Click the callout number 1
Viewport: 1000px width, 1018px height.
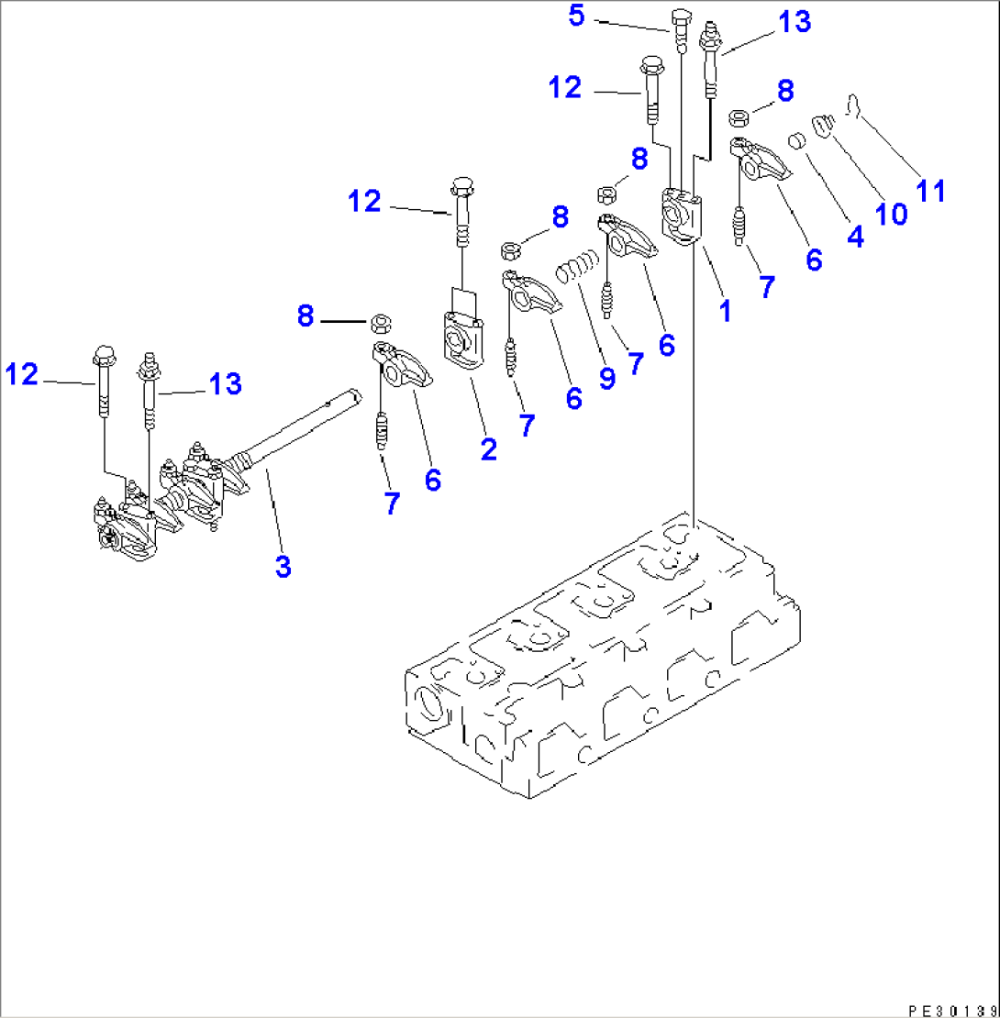tap(725, 311)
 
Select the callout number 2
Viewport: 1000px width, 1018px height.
tap(488, 448)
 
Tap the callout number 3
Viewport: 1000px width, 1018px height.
tap(283, 566)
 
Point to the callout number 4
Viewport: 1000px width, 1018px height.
tap(854, 236)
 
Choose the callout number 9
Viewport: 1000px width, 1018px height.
tap(606, 377)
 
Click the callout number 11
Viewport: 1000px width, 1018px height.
tap(931, 190)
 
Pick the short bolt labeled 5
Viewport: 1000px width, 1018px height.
tap(680, 28)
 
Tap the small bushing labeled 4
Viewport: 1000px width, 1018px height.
tap(798, 141)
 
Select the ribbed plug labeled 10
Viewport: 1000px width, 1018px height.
tap(821, 124)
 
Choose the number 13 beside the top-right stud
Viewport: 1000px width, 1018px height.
tap(794, 22)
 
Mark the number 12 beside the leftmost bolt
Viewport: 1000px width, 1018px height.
tap(23, 373)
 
